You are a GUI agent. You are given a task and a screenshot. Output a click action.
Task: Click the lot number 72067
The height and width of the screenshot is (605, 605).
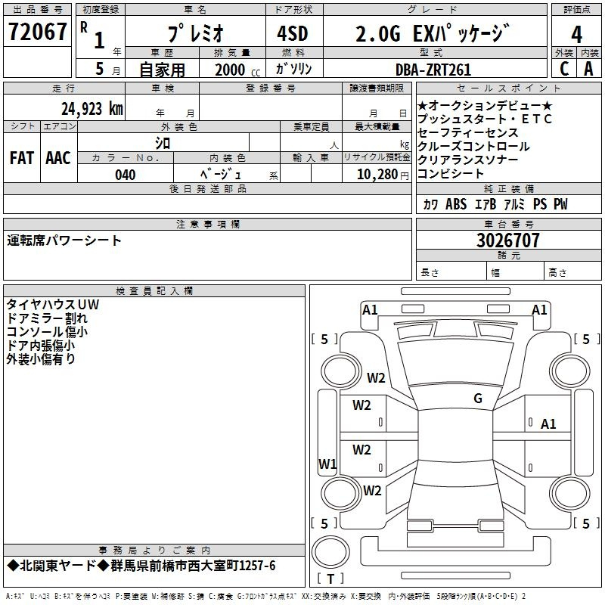(x=37, y=32)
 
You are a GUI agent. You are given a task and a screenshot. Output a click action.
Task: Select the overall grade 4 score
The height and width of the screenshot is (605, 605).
(x=576, y=35)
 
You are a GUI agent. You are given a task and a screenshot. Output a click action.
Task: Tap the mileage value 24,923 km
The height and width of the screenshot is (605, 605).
(x=92, y=109)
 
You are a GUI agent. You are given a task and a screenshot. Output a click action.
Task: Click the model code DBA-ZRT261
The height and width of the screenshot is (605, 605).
(x=433, y=70)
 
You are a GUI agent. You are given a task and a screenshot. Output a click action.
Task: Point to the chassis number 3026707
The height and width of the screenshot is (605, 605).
(x=507, y=240)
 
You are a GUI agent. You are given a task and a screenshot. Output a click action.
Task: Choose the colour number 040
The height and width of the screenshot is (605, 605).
(x=126, y=175)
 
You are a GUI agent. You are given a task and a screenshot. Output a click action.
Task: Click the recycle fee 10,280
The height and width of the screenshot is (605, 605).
(x=377, y=175)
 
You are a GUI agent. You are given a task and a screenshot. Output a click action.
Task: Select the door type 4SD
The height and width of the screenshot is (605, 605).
(x=293, y=33)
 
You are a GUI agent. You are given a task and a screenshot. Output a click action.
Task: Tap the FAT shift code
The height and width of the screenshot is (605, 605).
(x=22, y=158)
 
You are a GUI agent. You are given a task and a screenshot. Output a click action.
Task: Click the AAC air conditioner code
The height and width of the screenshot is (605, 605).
(x=58, y=158)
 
